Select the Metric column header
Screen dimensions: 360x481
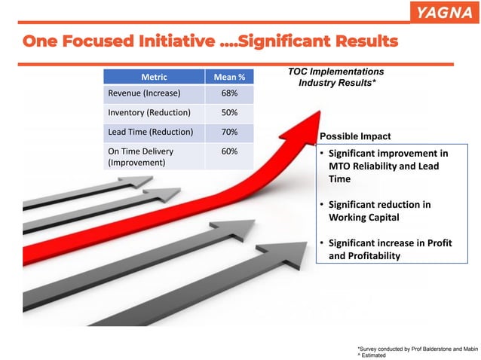point(154,76)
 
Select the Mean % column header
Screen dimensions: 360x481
point(229,76)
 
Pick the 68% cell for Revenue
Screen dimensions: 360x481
point(229,94)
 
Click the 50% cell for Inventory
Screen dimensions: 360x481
point(229,113)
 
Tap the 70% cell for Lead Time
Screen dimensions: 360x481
point(229,132)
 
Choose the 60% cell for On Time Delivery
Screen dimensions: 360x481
point(229,151)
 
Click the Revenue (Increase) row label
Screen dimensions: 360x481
point(143,94)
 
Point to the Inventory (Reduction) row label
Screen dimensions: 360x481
point(149,113)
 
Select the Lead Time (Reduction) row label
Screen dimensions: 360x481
point(152,132)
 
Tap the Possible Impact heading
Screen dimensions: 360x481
point(355,136)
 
